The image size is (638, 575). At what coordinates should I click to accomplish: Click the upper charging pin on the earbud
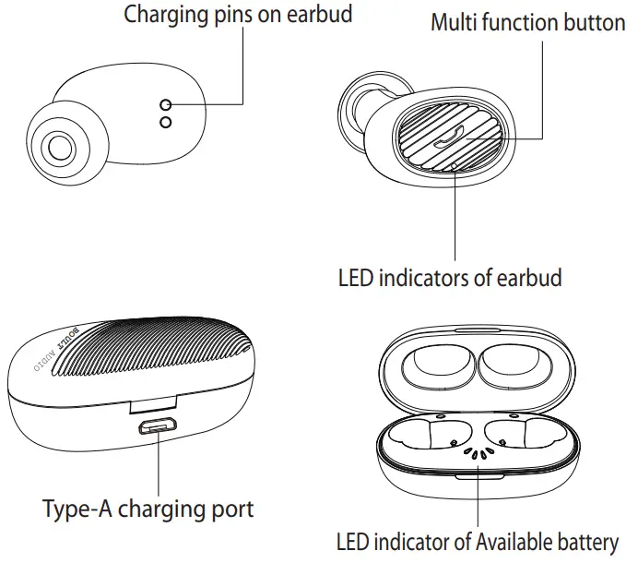pos(166,103)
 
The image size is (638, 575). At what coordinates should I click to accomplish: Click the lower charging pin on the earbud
pos(166,122)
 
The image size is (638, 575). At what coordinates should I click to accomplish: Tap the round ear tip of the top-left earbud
pos(61,146)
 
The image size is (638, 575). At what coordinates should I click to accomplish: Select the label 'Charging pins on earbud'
pos(238,15)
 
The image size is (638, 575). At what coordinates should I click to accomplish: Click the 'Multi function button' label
pos(527,22)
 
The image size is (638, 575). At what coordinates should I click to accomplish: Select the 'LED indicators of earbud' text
pos(450,277)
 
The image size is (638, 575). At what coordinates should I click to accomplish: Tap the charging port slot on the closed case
pos(159,427)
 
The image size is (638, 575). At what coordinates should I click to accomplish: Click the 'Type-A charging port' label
pos(148,509)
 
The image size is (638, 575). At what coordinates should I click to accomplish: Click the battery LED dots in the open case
pos(477,453)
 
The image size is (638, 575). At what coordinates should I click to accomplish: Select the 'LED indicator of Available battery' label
pos(477,542)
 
